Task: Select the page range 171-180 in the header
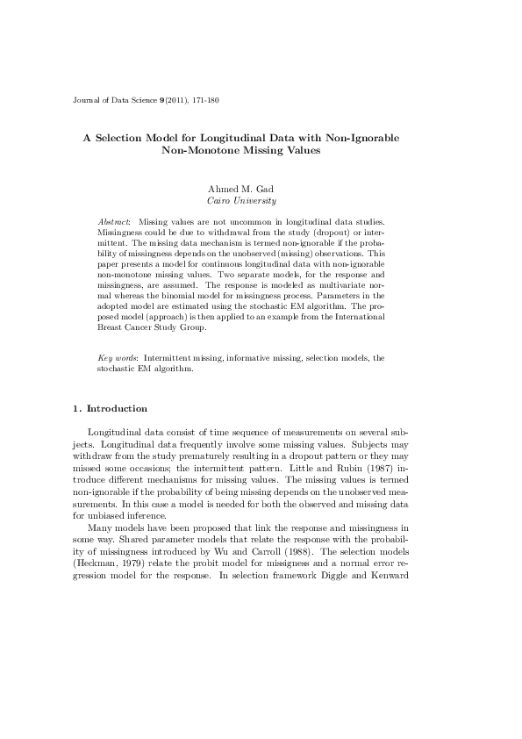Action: (204, 101)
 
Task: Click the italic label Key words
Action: (117, 359)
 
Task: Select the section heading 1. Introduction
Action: (110, 410)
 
